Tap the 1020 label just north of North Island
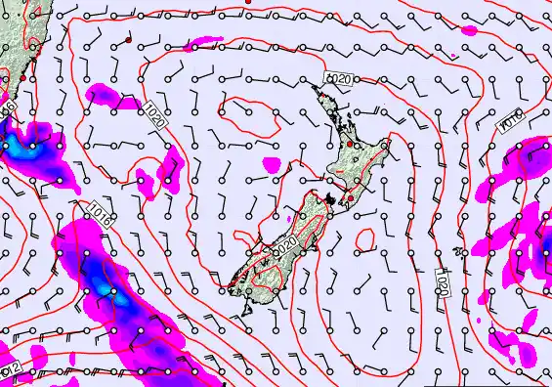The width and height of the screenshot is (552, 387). [x=338, y=78]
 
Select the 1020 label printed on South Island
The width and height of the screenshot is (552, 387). [x=284, y=251]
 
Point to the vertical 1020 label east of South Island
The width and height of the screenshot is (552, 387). [x=443, y=283]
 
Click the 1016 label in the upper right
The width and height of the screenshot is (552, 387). [x=511, y=120]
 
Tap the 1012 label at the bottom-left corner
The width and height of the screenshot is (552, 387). [x=9, y=370]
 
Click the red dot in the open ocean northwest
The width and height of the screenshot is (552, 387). [x=129, y=40]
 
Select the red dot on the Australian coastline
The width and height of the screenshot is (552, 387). [x=22, y=76]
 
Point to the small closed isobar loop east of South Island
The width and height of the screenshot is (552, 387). [x=367, y=238]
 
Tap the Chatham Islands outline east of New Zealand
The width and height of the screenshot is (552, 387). [x=459, y=252]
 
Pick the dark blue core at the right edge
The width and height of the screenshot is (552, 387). [x=546, y=256]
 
